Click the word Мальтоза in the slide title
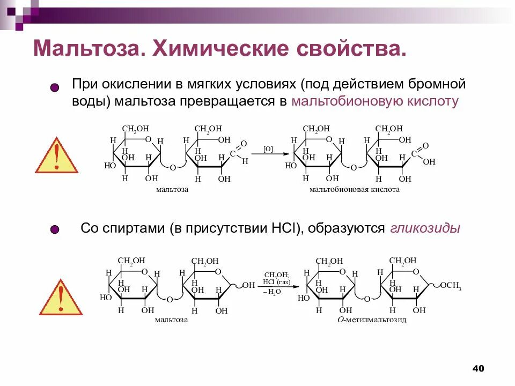click(87, 49)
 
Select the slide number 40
click(478, 368)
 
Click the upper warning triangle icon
click(56, 156)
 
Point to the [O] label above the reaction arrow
click(268, 149)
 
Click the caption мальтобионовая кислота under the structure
click(355, 189)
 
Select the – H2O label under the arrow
click(273, 291)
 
